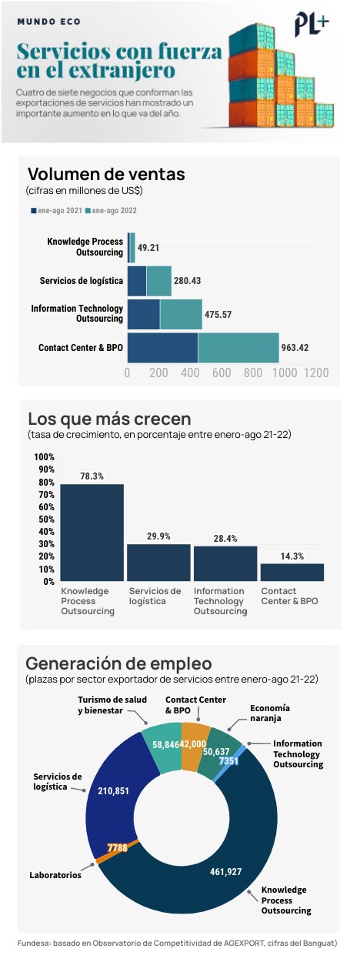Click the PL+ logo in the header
(x=312, y=25)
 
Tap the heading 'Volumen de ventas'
(x=106, y=174)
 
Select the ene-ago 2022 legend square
(x=88, y=211)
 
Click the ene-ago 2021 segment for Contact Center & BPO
(x=162, y=347)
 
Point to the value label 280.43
(x=187, y=281)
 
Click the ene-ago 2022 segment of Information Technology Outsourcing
(x=181, y=314)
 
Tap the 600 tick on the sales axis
(x=222, y=372)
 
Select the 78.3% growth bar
(x=92, y=533)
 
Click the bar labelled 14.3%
(x=292, y=573)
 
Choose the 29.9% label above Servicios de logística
(x=158, y=536)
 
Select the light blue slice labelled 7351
(x=229, y=760)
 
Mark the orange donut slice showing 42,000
(x=194, y=744)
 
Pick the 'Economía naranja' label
(x=270, y=713)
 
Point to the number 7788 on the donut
(x=118, y=847)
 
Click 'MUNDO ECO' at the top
(x=49, y=22)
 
